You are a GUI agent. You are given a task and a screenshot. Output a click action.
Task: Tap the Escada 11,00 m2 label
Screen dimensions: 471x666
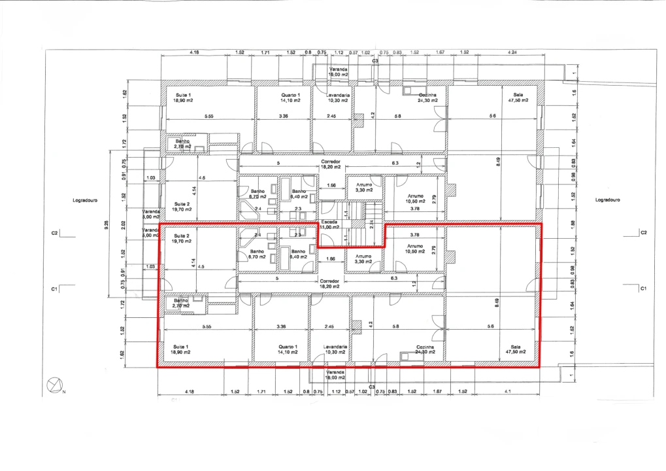[x=329, y=224]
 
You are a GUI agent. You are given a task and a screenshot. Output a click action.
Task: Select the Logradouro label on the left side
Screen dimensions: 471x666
[x=85, y=200]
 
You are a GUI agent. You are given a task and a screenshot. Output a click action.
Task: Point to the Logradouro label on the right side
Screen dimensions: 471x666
[x=607, y=200]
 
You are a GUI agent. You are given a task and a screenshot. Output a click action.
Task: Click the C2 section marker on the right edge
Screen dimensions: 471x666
[x=643, y=232]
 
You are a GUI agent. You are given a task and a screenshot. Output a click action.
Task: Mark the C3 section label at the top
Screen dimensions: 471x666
[x=375, y=61]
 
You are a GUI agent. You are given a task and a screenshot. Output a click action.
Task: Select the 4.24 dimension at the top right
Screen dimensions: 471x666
[x=510, y=52]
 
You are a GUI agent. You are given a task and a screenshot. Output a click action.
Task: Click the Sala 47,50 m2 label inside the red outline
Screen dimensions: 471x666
[x=520, y=349]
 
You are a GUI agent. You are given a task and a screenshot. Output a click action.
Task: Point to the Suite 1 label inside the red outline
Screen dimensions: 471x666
[x=180, y=349]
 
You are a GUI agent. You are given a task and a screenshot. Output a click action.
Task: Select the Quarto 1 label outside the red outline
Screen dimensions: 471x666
[x=290, y=98]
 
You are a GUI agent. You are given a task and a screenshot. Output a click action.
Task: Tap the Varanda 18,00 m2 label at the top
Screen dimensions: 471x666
[x=338, y=72]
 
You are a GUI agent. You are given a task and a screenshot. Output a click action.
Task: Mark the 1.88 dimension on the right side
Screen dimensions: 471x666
[x=573, y=224]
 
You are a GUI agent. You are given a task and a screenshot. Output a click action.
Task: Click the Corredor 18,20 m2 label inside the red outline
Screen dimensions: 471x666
[x=330, y=283]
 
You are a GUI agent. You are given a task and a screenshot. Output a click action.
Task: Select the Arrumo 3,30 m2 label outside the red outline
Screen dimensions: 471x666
[x=364, y=187]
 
